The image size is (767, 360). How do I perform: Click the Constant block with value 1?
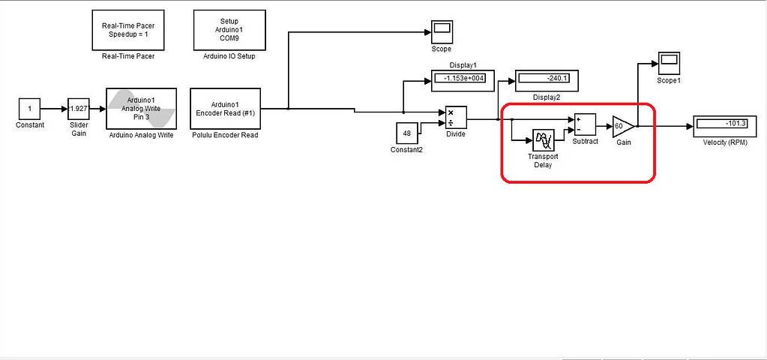tap(29, 109)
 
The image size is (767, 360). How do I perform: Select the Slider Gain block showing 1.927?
tap(79, 109)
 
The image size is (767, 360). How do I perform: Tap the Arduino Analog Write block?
tap(142, 109)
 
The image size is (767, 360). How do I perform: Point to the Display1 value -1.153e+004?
tap(465, 78)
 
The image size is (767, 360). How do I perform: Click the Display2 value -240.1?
tap(547, 78)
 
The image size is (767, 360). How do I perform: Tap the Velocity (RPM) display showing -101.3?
tap(728, 123)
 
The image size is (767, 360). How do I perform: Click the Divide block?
tap(456, 118)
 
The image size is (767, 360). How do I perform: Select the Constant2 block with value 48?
tap(407, 133)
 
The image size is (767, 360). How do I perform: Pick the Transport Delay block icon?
tap(543, 140)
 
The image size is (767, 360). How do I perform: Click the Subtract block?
tap(585, 124)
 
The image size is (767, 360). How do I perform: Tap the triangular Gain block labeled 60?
tap(622, 127)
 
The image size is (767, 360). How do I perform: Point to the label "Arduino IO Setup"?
tap(229, 55)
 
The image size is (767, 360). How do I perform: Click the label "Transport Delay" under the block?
tap(543, 160)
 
